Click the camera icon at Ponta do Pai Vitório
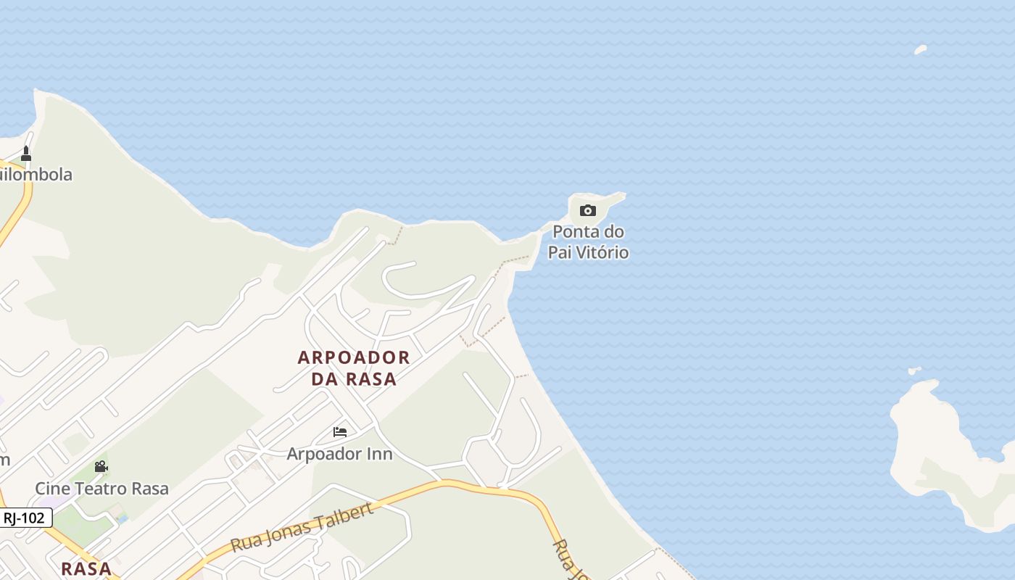click(x=588, y=211)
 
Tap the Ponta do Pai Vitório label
click(x=588, y=242)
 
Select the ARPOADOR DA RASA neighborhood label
click(x=354, y=368)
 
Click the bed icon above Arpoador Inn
click(x=340, y=432)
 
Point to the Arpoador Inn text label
click(x=339, y=454)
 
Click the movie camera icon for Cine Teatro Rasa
click(x=101, y=466)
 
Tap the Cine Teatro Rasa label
click(x=101, y=489)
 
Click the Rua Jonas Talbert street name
click(x=302, y=526)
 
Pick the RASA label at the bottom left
click(x=86, y=568)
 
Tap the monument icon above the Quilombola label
click(x=26, y=154)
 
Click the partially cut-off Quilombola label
click(x=36, y=175)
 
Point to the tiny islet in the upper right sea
click(x=920, y=50)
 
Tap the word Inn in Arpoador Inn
click(x=378, y=454)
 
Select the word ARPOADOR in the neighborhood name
click(x=354, y=357)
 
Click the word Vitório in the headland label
click(x=603, y=252)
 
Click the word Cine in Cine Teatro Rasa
click(x=50, y=489)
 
